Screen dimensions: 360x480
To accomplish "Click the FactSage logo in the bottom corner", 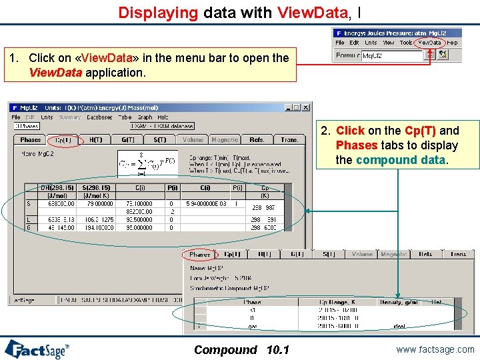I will [37, 348].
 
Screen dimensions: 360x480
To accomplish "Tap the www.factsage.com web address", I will [434, 349].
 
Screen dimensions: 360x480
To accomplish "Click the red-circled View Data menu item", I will [430, 42].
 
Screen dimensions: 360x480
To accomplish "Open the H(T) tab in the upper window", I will [96, 140].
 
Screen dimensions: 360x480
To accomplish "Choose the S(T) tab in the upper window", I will [160, 140].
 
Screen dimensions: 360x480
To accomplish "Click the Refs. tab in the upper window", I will [257, 140].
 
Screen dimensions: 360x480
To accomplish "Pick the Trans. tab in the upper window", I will [289, 140].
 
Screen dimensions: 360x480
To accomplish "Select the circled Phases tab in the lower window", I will [199, 255].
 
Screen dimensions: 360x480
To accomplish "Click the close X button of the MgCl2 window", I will [306, 107].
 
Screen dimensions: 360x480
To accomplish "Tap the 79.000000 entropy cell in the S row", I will [99, 204].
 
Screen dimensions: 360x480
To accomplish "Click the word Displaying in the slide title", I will [158, 12].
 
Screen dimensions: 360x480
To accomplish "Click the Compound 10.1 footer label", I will [241, 349].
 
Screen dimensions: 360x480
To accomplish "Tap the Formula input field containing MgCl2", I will [392, 55].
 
